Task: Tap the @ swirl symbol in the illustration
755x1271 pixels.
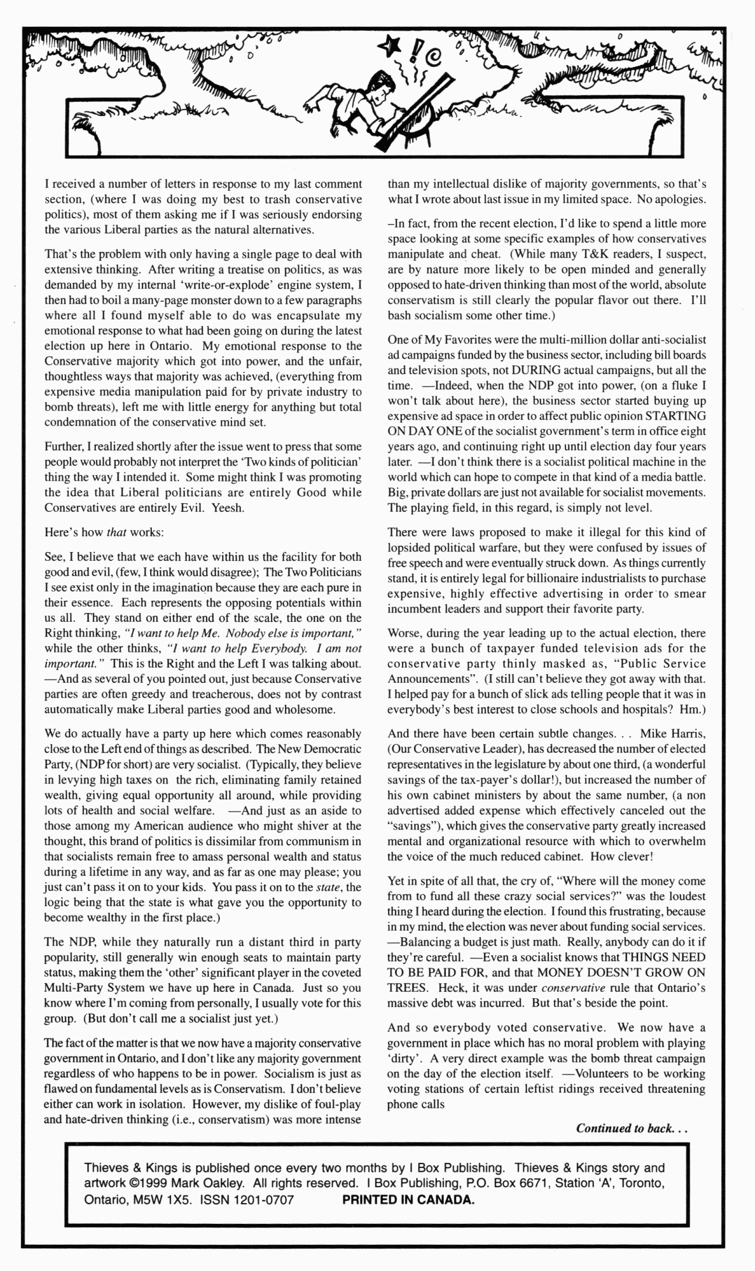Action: pos(435,58)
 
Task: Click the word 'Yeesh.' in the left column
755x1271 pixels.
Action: pos(228,507)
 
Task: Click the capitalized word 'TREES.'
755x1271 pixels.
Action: pos(407,988)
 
